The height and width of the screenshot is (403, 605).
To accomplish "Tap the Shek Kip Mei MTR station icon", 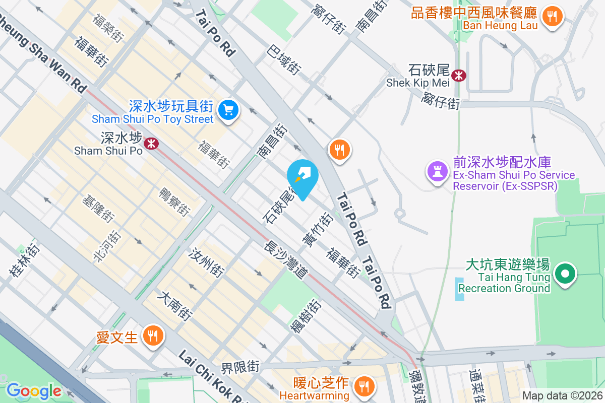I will point(459,76).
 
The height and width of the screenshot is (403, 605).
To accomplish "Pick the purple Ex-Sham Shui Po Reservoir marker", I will point(437,172).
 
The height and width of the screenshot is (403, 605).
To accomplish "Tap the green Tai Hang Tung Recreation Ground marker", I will point(565,275).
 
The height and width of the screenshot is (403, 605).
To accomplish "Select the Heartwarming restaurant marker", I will point(362,386).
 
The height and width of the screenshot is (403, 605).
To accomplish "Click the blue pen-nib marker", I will point(302,177).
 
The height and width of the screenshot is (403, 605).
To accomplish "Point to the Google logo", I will point(34,391).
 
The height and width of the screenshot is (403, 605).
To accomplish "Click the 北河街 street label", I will point(107,246).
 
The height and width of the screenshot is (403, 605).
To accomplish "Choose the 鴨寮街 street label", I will point(174,202).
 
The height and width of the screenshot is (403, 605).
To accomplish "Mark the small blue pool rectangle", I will point(459,289).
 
